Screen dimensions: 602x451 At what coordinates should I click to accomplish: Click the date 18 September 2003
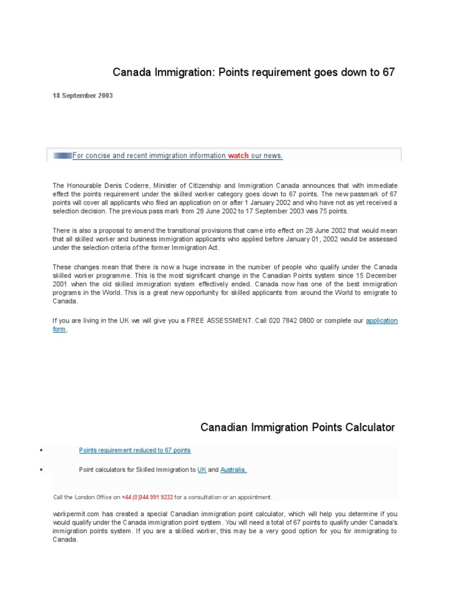[83, 96]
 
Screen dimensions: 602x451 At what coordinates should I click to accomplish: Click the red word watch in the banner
[238, 156]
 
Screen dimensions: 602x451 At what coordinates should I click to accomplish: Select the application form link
[382, 320]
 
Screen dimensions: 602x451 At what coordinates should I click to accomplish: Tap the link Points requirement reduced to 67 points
[134, 450]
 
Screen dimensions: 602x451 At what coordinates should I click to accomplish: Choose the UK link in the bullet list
[201, 470]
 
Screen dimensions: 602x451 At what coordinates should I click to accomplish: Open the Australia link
[233, 470]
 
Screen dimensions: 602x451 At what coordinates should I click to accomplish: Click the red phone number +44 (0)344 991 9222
[147, 497]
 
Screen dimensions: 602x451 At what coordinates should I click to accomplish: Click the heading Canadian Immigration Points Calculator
[298, 427]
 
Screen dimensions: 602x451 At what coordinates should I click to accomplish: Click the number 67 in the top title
[389, 72]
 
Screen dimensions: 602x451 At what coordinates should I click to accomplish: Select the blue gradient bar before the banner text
[62, 156]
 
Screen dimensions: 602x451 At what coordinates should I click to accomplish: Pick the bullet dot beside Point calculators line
[42, 470]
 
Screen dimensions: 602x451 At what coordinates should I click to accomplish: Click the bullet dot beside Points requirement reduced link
[42, 451]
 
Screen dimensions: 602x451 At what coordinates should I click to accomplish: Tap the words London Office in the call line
[92, 497]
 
